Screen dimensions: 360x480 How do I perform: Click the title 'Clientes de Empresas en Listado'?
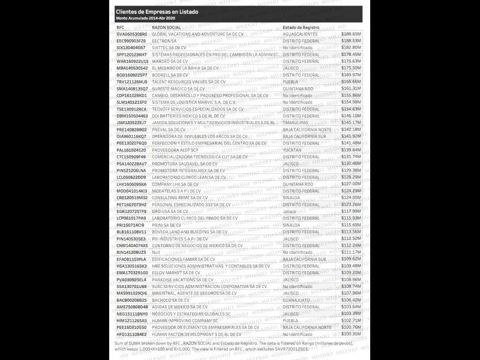point(157,11)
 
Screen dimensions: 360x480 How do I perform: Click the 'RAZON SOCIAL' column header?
point(166,28)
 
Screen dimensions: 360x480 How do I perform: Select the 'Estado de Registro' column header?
point(301,28)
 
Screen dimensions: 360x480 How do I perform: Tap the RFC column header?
point(121,28)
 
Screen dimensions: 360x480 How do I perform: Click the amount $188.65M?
point(351,34)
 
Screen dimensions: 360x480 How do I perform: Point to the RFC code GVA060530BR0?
point(131,34)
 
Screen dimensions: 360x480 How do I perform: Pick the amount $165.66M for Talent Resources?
point(351,81)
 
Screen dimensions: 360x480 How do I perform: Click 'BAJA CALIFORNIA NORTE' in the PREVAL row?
point(307,129)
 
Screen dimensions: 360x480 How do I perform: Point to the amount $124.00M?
point(351,197)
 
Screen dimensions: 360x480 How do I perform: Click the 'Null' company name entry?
point(156,251)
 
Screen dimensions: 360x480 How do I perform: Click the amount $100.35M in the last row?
point(351,334)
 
